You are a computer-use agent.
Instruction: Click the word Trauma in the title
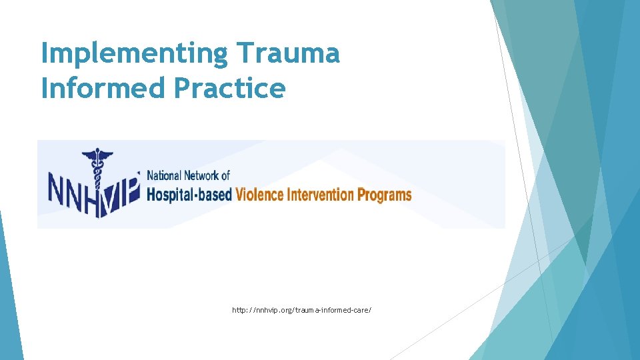click(x=288, y=53)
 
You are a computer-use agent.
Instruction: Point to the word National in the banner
click(x=163, y=175)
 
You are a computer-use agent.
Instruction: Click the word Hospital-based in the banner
click(x=189, y=195)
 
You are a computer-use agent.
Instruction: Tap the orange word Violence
click(x=259, y=195)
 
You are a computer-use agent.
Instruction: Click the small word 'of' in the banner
click(x=225, y=175)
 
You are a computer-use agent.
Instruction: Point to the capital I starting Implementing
click(x=45, y=53)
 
